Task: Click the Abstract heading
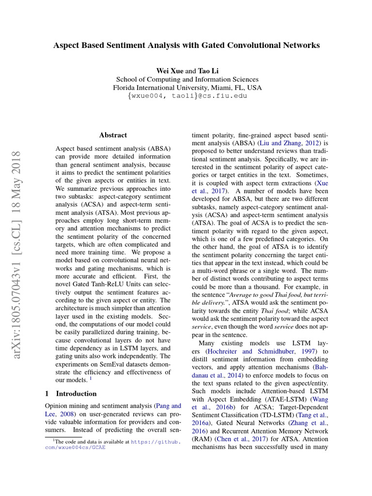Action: pos(113,135)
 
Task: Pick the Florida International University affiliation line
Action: pos(187,88)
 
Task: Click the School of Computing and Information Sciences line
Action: pos(187,79)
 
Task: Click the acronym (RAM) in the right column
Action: pos(201,439)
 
